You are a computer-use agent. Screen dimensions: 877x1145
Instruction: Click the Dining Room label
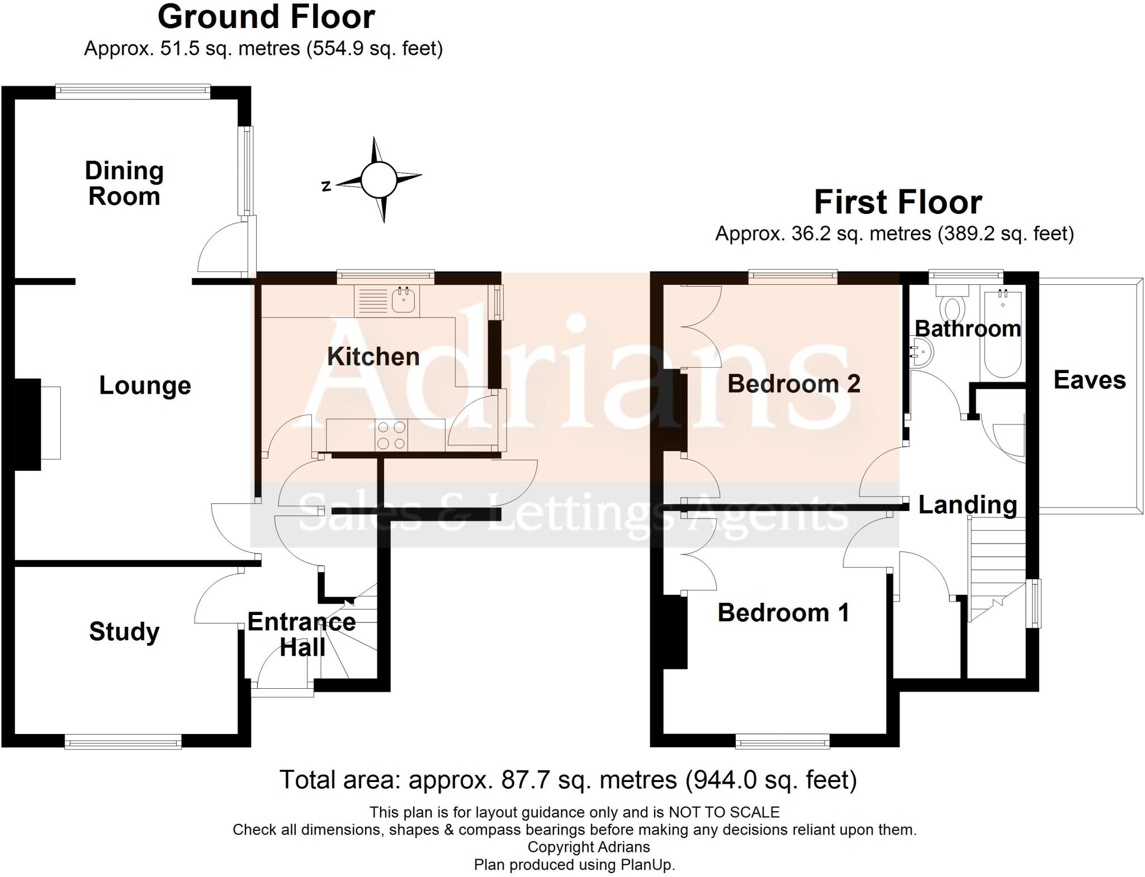click(x=124, y=184)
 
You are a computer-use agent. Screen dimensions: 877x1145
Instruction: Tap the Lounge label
click(x=145, y=386)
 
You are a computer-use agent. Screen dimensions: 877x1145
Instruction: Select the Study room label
click(x=124, y=632)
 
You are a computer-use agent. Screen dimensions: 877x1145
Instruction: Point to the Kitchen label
click(x=373, y=357)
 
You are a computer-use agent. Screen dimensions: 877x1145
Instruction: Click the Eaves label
click(x=1089, y=380)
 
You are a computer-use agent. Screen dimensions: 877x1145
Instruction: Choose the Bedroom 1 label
click(x=783, y=613)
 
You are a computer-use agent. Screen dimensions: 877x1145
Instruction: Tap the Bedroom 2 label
click(x=793, y=384)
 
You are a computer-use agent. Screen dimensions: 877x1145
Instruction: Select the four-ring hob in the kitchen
click(x=391, y=435)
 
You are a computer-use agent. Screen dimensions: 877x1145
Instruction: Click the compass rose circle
click(x=378, y=179)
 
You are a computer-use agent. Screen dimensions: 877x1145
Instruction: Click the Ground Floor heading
click(x=266, y=17)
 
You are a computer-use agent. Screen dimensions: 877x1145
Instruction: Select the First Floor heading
click(x=897, y=202)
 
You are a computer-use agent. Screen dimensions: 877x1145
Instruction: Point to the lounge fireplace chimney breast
click(x=27, y=424)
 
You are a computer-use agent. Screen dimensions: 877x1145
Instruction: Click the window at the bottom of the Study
click(x=123, y=742)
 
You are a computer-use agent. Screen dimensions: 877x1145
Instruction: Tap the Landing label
click(x=967, y=505)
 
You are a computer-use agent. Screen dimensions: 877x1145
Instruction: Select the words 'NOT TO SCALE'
click(x=724, y=812)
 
